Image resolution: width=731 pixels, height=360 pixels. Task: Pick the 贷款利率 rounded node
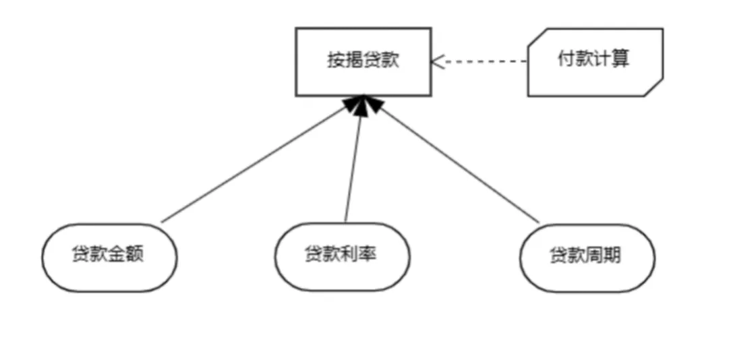pyautogui.click(x=343, y=256)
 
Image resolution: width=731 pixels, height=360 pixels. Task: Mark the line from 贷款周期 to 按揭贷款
pyautogui.click(x=459, y=165)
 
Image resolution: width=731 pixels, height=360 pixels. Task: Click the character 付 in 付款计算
pyautogui.click(x=566, y=59)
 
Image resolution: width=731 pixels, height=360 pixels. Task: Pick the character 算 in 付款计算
pyautogui.click(x=621, y=59)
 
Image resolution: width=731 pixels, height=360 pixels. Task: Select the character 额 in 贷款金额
pyautogui.click(x=135, y=256)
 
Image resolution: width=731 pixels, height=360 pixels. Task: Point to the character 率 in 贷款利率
pyautogui.click(x=368, y=256)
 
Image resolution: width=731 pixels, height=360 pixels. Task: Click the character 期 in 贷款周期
pyautogui.click(x=612, y=257)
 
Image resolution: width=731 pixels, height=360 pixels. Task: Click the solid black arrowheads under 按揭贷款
pyautogui.click(x=361, y=104)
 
